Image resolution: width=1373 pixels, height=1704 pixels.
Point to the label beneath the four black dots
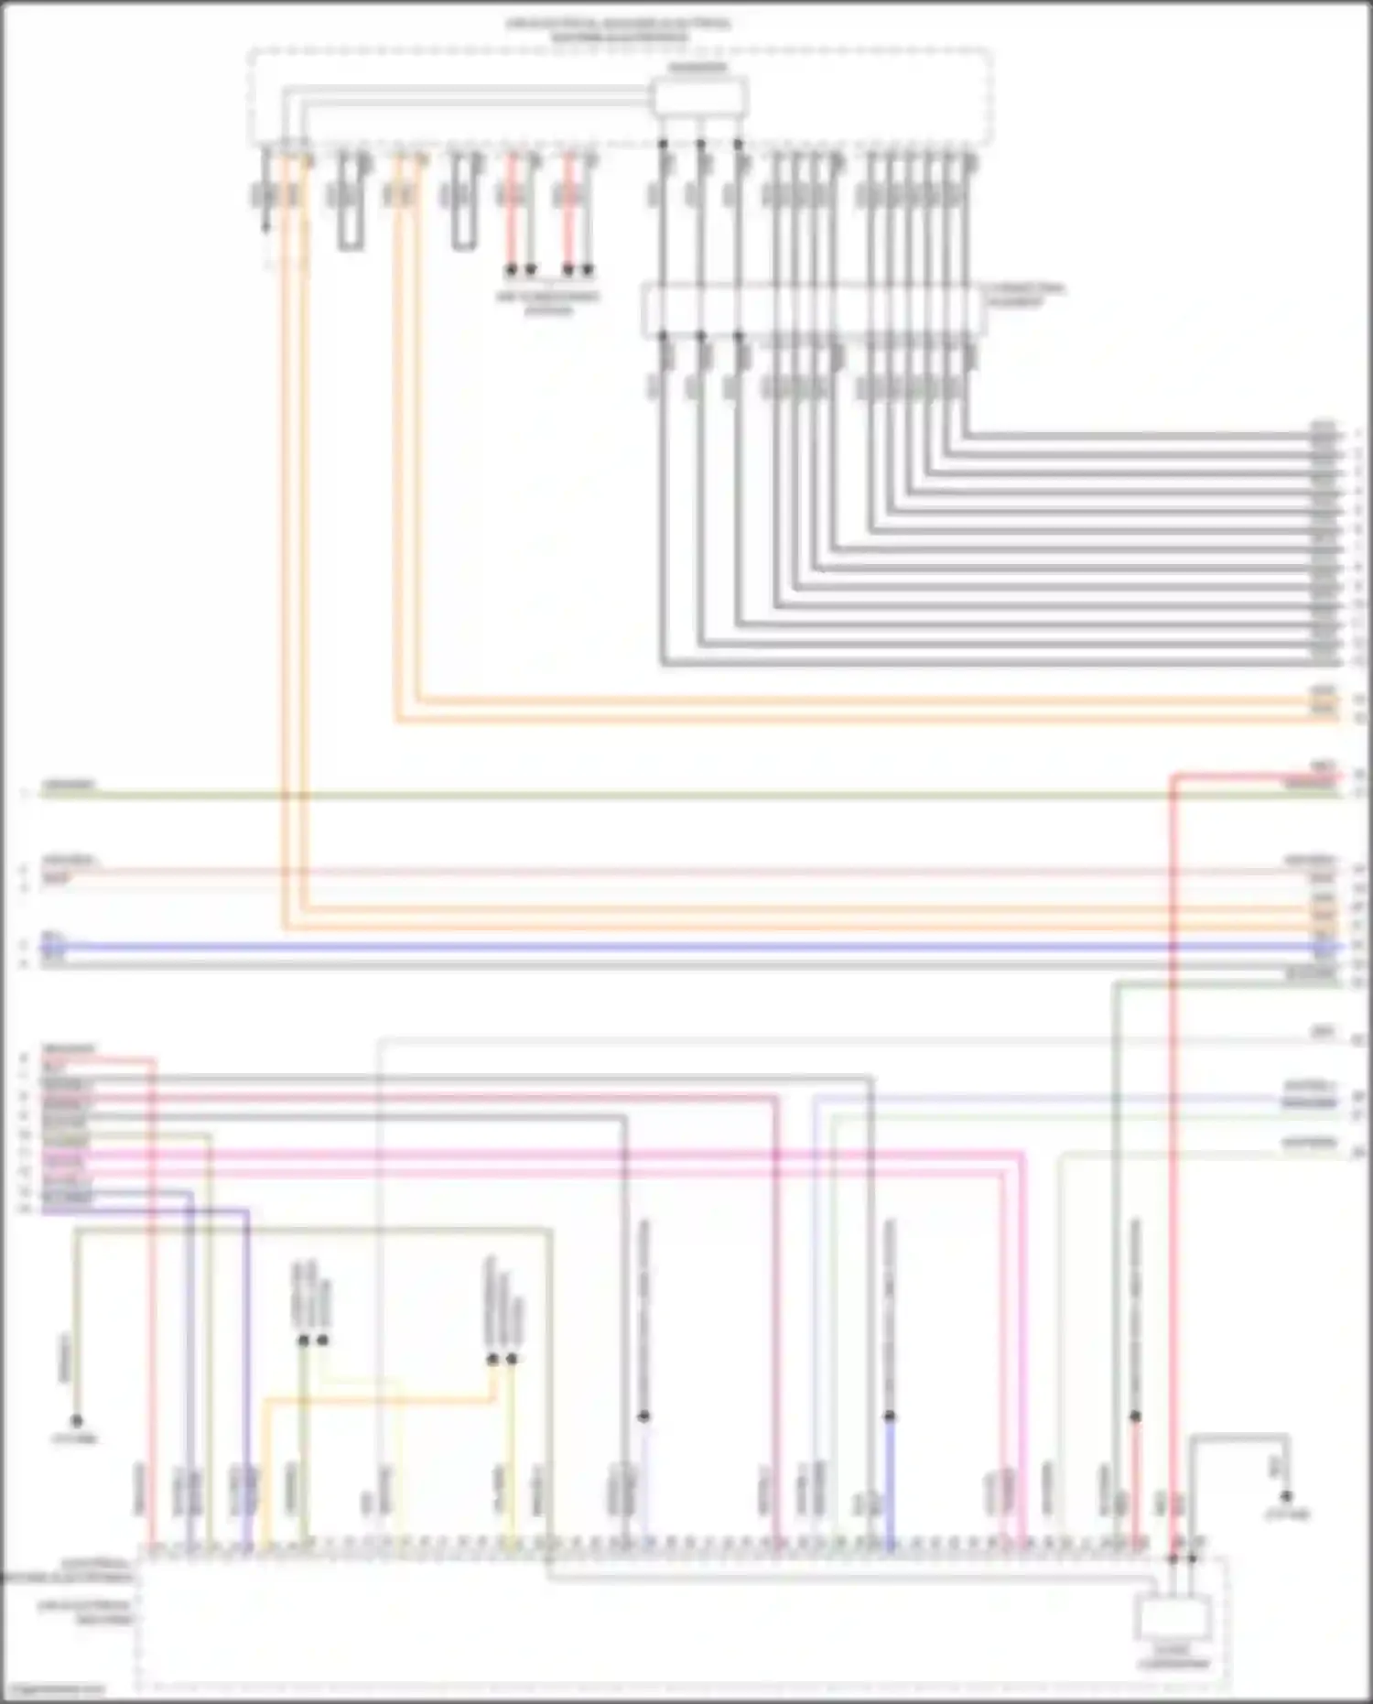pos(548,303)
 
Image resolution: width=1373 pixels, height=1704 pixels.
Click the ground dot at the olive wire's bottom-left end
pos(77,1421)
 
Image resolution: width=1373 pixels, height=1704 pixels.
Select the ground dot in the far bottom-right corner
pos(1286,1496)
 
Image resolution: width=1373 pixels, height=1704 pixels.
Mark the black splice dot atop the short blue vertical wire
pos(889,1416)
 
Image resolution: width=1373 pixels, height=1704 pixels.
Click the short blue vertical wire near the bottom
pos(889,1483)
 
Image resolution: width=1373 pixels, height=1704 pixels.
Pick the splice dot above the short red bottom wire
pos(1135,1416)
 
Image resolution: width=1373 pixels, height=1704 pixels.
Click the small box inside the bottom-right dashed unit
pos(1173,1616)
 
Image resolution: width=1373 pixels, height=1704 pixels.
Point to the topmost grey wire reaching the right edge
pos(1144,435)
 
